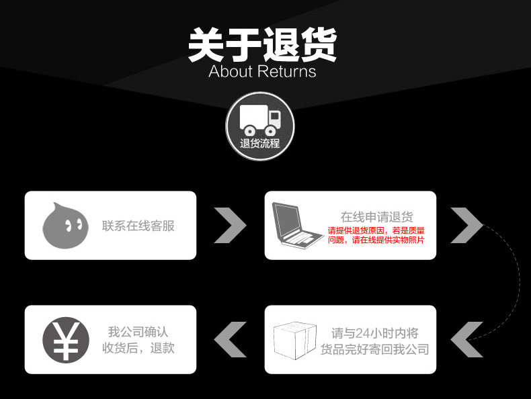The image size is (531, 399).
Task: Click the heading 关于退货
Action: [x=262, y=44]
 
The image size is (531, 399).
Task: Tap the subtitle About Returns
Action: [x=262, y=71]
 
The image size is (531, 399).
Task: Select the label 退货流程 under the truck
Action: [x=259, y=143]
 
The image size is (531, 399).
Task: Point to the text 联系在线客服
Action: [x=138, y=226]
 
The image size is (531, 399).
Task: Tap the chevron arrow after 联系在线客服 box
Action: [x=230, y=225]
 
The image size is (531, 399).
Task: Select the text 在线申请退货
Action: [x=376, y=217]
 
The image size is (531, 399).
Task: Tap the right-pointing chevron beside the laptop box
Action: [x=466, y=225]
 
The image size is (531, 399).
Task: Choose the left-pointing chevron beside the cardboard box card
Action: [x=466, y=339]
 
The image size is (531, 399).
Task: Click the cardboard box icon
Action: [x=295, y=339]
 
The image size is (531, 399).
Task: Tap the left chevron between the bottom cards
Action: [x=230, y=339]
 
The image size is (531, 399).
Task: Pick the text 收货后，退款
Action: [x=138, y=348]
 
